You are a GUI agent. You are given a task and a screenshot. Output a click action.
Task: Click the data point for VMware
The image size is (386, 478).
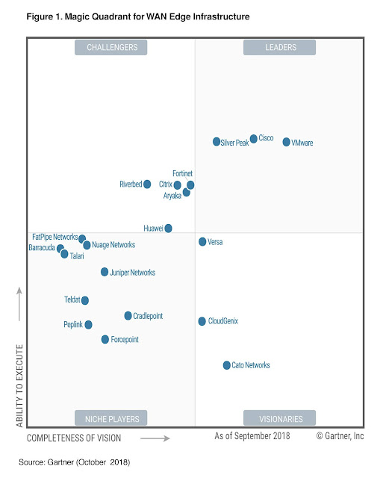point(286,142)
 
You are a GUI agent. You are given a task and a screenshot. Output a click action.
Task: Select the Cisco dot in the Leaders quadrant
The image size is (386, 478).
point(254,139)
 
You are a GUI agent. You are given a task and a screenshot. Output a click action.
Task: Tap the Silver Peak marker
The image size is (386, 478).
point(217,142)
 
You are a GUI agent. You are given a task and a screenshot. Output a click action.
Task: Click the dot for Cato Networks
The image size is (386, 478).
point(227,365)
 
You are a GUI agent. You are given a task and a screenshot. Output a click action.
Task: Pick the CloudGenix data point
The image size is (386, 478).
point(202,321)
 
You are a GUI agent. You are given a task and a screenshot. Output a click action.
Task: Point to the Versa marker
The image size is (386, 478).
point(202,242)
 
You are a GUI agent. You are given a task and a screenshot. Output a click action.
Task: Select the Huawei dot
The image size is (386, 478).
point(169,228)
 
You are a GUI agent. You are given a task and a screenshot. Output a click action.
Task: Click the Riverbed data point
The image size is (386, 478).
point(147,184)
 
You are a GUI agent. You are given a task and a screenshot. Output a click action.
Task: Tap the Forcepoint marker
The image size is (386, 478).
point(105,339)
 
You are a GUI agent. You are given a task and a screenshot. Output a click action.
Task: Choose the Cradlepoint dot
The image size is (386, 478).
point(128,316)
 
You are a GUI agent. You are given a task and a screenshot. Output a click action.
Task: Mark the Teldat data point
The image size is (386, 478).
point(85,300)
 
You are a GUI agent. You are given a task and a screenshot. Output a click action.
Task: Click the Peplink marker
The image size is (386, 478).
point(89,325)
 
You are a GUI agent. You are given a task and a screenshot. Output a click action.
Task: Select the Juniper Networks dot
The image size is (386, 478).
point(105,273)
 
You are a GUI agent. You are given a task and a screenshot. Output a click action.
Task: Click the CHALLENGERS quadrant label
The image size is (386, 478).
point(111,48)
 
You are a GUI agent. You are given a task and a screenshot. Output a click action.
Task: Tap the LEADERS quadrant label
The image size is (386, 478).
point(279,48)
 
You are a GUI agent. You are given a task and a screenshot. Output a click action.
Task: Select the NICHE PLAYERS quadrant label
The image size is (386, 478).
point(111,418)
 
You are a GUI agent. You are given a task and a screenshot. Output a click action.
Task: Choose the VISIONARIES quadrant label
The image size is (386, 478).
point(279,418)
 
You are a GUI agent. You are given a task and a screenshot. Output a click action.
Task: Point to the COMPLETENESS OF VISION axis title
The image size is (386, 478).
point(73,437)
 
